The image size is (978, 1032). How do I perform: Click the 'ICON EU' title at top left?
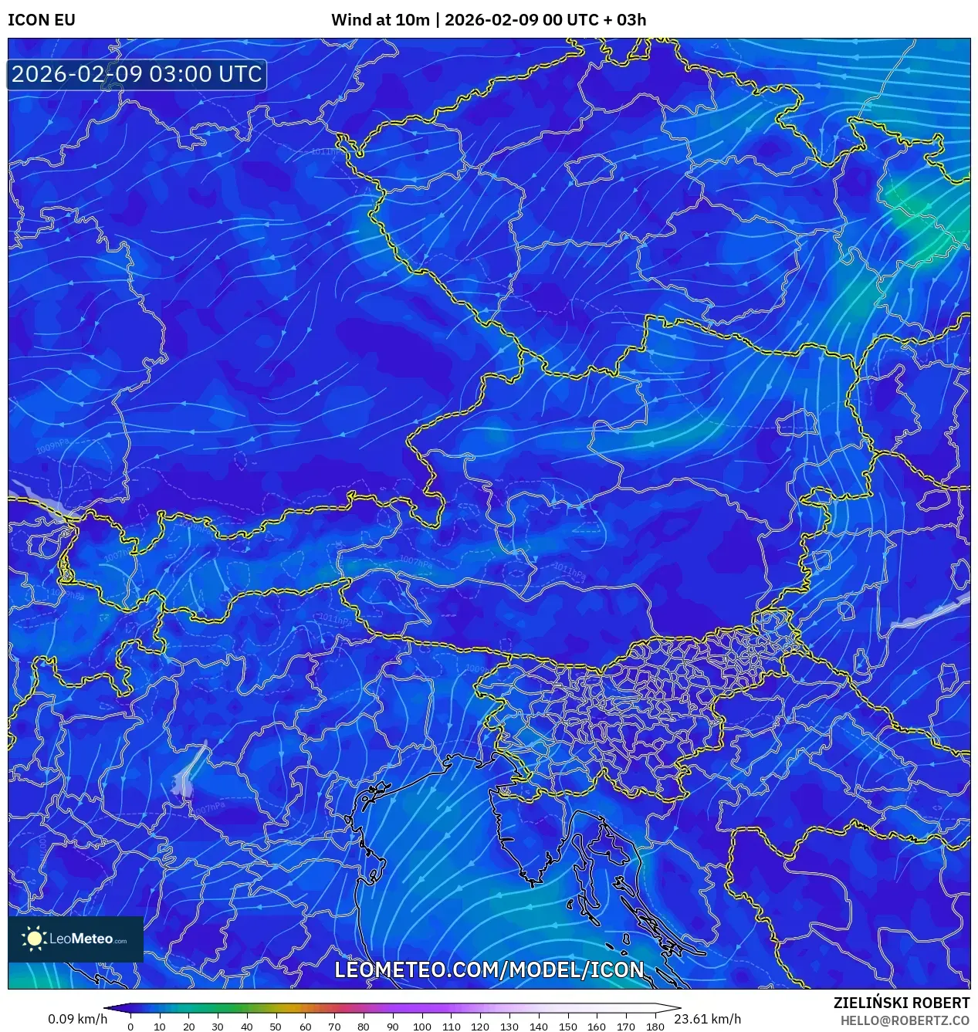42,20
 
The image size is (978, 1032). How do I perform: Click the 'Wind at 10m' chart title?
380,20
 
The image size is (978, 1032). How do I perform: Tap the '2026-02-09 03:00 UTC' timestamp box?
137,75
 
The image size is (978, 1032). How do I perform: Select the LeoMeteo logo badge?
76,939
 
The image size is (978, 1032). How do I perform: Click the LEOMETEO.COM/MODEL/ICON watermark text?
489,969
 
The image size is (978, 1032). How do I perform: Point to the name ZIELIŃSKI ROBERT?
901,1003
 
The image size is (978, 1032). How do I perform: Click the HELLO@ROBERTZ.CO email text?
905,1020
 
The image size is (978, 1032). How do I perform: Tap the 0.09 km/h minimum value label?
77,1019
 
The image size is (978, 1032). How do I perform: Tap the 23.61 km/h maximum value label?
707,1019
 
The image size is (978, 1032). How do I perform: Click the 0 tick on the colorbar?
130,1027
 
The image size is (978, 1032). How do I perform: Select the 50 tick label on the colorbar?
276,1027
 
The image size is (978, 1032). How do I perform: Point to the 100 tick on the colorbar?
421,1027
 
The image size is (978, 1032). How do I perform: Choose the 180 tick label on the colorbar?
655,1027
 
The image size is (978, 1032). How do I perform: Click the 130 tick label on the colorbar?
509,1027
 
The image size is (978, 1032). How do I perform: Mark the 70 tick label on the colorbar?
334,1027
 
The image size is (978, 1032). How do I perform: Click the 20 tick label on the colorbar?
188,1027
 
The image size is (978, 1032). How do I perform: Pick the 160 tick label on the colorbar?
597,1027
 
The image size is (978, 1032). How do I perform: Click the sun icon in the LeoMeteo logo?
35,939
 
